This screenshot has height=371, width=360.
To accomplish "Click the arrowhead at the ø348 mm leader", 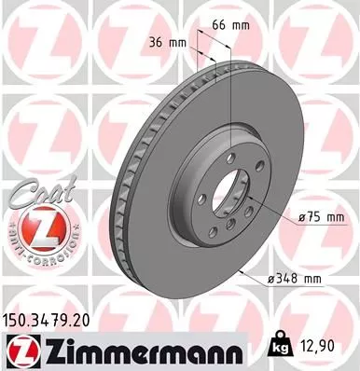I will [244, 271].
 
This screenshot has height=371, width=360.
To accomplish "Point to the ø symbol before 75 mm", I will [302, 216].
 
